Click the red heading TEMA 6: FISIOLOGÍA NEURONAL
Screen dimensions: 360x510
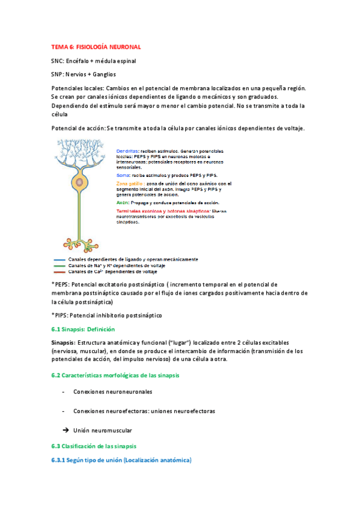(x=96, y=46)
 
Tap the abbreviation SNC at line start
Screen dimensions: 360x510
(x=58, y=61)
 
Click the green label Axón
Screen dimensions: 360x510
(x=124, y=203)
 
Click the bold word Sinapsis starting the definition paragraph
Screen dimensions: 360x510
(x=63, y=342)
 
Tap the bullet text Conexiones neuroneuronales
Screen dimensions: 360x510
(x=113, y=392)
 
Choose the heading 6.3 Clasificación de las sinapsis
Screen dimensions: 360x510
(x=94, y=446)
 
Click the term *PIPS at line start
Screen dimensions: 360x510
(x=60, y=315)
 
